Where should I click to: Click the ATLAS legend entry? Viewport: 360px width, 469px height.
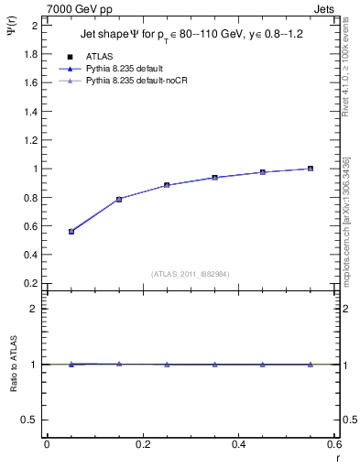(99, 56)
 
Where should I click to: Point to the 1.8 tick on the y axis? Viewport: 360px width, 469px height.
(32, 54)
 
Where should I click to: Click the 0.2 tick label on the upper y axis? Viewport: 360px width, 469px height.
(32, 284)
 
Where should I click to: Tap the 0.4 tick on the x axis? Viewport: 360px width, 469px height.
(239, 444)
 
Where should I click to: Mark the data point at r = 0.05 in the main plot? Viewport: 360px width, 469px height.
(71, 232)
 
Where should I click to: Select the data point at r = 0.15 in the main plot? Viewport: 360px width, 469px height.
(119, 199)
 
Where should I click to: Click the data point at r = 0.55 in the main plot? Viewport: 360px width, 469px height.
(311, 169)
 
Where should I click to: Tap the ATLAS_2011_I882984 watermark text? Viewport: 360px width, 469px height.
(190, 273)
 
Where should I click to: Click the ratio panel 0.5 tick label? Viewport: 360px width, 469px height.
(32, 420)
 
